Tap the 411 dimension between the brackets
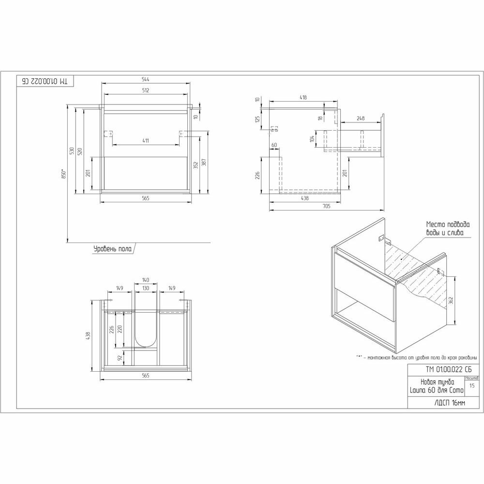pos(146,140)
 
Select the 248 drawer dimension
pos(360,118)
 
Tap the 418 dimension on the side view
pos(303,97)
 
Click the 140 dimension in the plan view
pos(146,280)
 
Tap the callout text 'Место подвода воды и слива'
pos(448,228)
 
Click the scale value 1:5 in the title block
pos(472,386)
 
